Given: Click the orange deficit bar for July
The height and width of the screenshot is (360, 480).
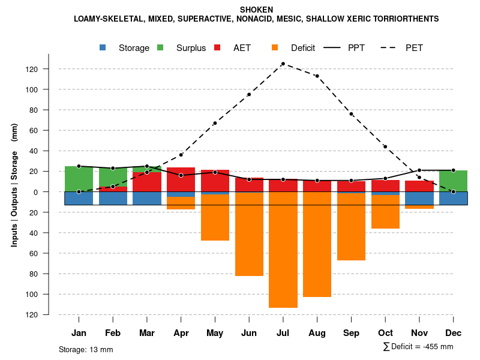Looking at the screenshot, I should click(283, 250).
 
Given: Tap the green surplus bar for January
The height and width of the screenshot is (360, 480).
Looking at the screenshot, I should click(79, 179).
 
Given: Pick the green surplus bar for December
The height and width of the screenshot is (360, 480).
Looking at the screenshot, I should click(453, 181).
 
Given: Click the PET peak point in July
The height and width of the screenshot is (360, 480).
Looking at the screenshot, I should click(283, 64).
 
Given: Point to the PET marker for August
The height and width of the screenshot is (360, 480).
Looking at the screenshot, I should click(317, 76).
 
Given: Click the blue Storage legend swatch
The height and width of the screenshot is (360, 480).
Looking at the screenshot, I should click(103, 48).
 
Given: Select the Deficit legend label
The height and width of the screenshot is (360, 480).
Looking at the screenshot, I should click(302, 48).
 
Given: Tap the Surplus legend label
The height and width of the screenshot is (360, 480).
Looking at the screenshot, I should click(191, 48).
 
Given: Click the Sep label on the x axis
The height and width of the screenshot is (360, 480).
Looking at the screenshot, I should click(351, 333).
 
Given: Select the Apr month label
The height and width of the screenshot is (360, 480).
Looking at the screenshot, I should click(181, 333).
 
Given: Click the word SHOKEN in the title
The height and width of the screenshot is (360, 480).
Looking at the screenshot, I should click(256, 10).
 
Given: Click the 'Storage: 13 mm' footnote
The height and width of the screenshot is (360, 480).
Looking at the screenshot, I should click(86, 349).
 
